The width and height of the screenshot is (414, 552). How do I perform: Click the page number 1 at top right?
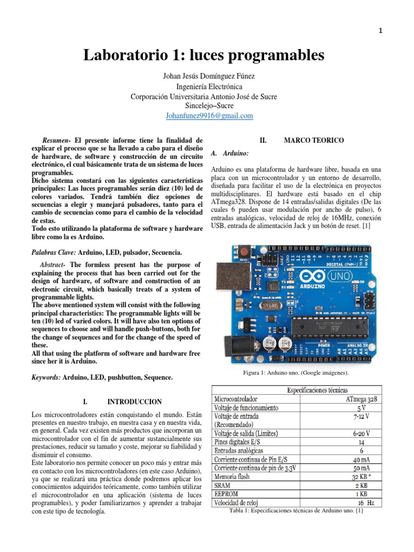pyautogui.click(x=381, y=31)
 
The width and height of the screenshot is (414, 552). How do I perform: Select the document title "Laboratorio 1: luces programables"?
pyautogui.click(x=204, y=56)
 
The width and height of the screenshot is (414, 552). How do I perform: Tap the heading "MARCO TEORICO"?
pyautogui.click(x=314, y=141)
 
